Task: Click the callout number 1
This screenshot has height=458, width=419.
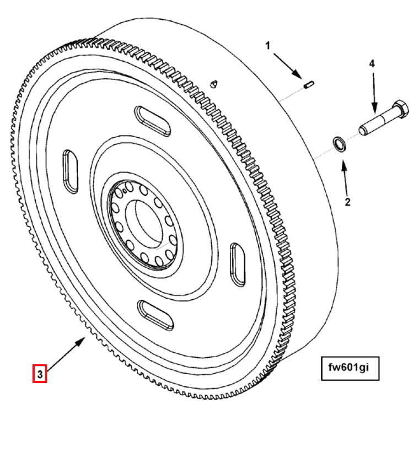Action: pyautogui.click(x=267, y=46)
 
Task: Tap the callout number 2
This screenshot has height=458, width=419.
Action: pyautogui.click(x=347, y=202)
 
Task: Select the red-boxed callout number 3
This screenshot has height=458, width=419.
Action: pyautogui.click(x=40, y=373)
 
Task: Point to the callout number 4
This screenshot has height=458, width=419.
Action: pyautogui.click(x=372, y=64)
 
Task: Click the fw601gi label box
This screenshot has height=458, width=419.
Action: pyautogui.click(x=350, y=368)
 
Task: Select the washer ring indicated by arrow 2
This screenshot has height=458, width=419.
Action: pyautogui.click(x=340, y=144)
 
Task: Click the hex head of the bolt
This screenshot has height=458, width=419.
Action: pyautogui.click(x=400, y=109)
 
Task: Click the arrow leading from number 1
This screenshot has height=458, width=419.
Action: pyautogui.click(x=288, y=66)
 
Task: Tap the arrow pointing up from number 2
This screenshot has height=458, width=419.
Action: pyautogui.click(x=345, y=177)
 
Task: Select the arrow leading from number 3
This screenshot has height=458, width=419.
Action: pyautogui.click(x=66, y=353)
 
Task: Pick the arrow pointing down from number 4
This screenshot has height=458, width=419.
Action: pyautogui.click(x=374, y=93)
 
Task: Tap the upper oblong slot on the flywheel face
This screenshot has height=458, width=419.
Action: pyautogui.click(x=152, y=121)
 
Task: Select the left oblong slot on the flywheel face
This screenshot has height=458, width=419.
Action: pyautogui.click(x=71, y=171)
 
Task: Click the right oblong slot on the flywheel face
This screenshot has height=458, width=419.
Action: pyautogui.click(x=238, y=265)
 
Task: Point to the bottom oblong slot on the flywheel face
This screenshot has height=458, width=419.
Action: pyautogui.click(x=155, y=315)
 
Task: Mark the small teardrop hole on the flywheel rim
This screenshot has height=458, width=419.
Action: pyautogui.click(x=214, y=83)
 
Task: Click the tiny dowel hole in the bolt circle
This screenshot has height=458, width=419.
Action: pyautogui.click(x=125, y=191)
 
